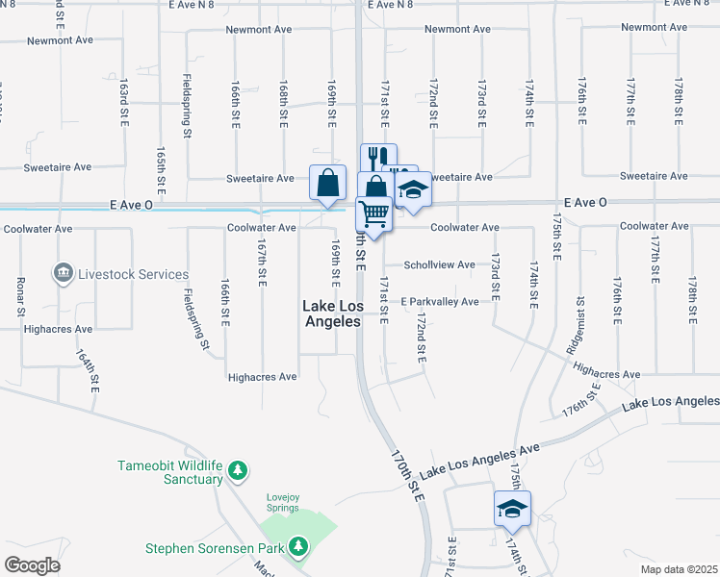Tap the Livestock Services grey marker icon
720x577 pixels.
tap(64, 274)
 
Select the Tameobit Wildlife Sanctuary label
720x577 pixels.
tap(170, 472)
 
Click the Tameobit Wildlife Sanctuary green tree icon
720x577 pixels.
tap(238, 471)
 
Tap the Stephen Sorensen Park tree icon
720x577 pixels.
tap(299, 547)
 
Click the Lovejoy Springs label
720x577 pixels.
tap(283, 503)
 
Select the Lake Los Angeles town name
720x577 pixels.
tap(332, 314)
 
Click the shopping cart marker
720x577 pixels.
tap(374, 213)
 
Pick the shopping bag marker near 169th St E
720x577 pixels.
tap(327, 181)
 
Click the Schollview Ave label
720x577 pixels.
tap(439, 264)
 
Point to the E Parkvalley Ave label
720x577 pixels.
tap(440, 302)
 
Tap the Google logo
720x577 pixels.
tap(33, 565)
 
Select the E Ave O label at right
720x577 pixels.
tap(585, 203)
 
